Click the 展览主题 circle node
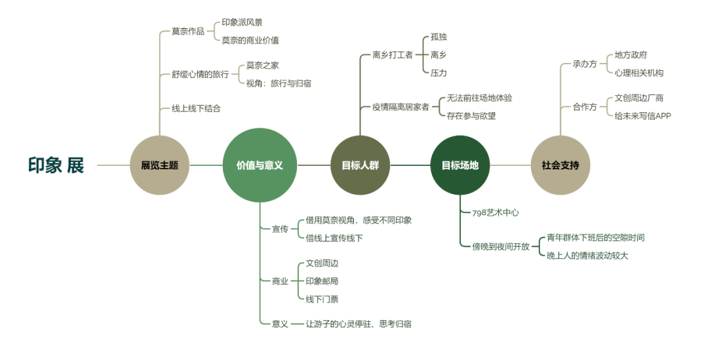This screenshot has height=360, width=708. point(159,165)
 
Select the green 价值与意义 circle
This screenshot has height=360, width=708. point(260,165)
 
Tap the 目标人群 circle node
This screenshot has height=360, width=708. point(360,165)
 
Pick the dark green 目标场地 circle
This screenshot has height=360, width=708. point(460,165)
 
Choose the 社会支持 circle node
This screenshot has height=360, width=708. point(560,165)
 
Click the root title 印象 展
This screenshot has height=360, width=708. point(56,165)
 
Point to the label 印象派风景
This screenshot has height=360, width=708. point(242,22)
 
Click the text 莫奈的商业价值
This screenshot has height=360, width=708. point(250,40)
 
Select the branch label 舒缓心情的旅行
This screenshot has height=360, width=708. point(200,74)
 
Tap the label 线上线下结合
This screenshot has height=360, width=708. point(196,108)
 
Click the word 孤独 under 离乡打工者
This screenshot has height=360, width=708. point(439,37)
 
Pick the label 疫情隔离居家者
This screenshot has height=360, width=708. point(401,107)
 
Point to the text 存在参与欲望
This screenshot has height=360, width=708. point(471,115)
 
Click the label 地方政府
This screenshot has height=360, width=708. point(631,55)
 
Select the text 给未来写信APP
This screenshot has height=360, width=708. point(642,115)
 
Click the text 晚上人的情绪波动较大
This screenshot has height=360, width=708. point(587,255)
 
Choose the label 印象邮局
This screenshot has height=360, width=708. point(322,281)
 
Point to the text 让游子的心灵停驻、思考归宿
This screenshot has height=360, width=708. point(359,323)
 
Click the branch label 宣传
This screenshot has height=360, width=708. point(280,229)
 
